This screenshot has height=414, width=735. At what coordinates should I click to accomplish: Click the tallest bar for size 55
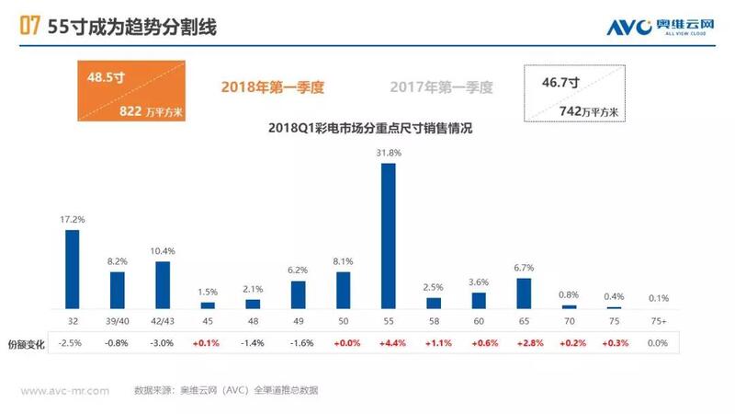[x=389, y=236]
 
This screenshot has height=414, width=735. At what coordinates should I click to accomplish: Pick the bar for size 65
[x=524, y=293]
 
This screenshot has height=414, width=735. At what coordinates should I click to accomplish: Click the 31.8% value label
[x=390, y=153]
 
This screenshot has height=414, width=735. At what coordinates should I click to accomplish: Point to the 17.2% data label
[x=72, y=221]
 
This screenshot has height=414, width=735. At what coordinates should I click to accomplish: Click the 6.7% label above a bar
[x=524, y=269]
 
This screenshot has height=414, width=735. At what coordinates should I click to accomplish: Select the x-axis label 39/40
[x=117, y=320]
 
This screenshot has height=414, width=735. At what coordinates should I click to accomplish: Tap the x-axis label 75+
[x=659, y=320]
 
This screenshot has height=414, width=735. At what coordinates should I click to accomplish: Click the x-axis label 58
[x=434, y=320]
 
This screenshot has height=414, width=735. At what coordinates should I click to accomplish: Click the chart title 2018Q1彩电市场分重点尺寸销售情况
[x=366, y=128]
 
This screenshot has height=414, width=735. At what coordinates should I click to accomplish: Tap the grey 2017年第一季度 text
[x=441, y=87]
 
